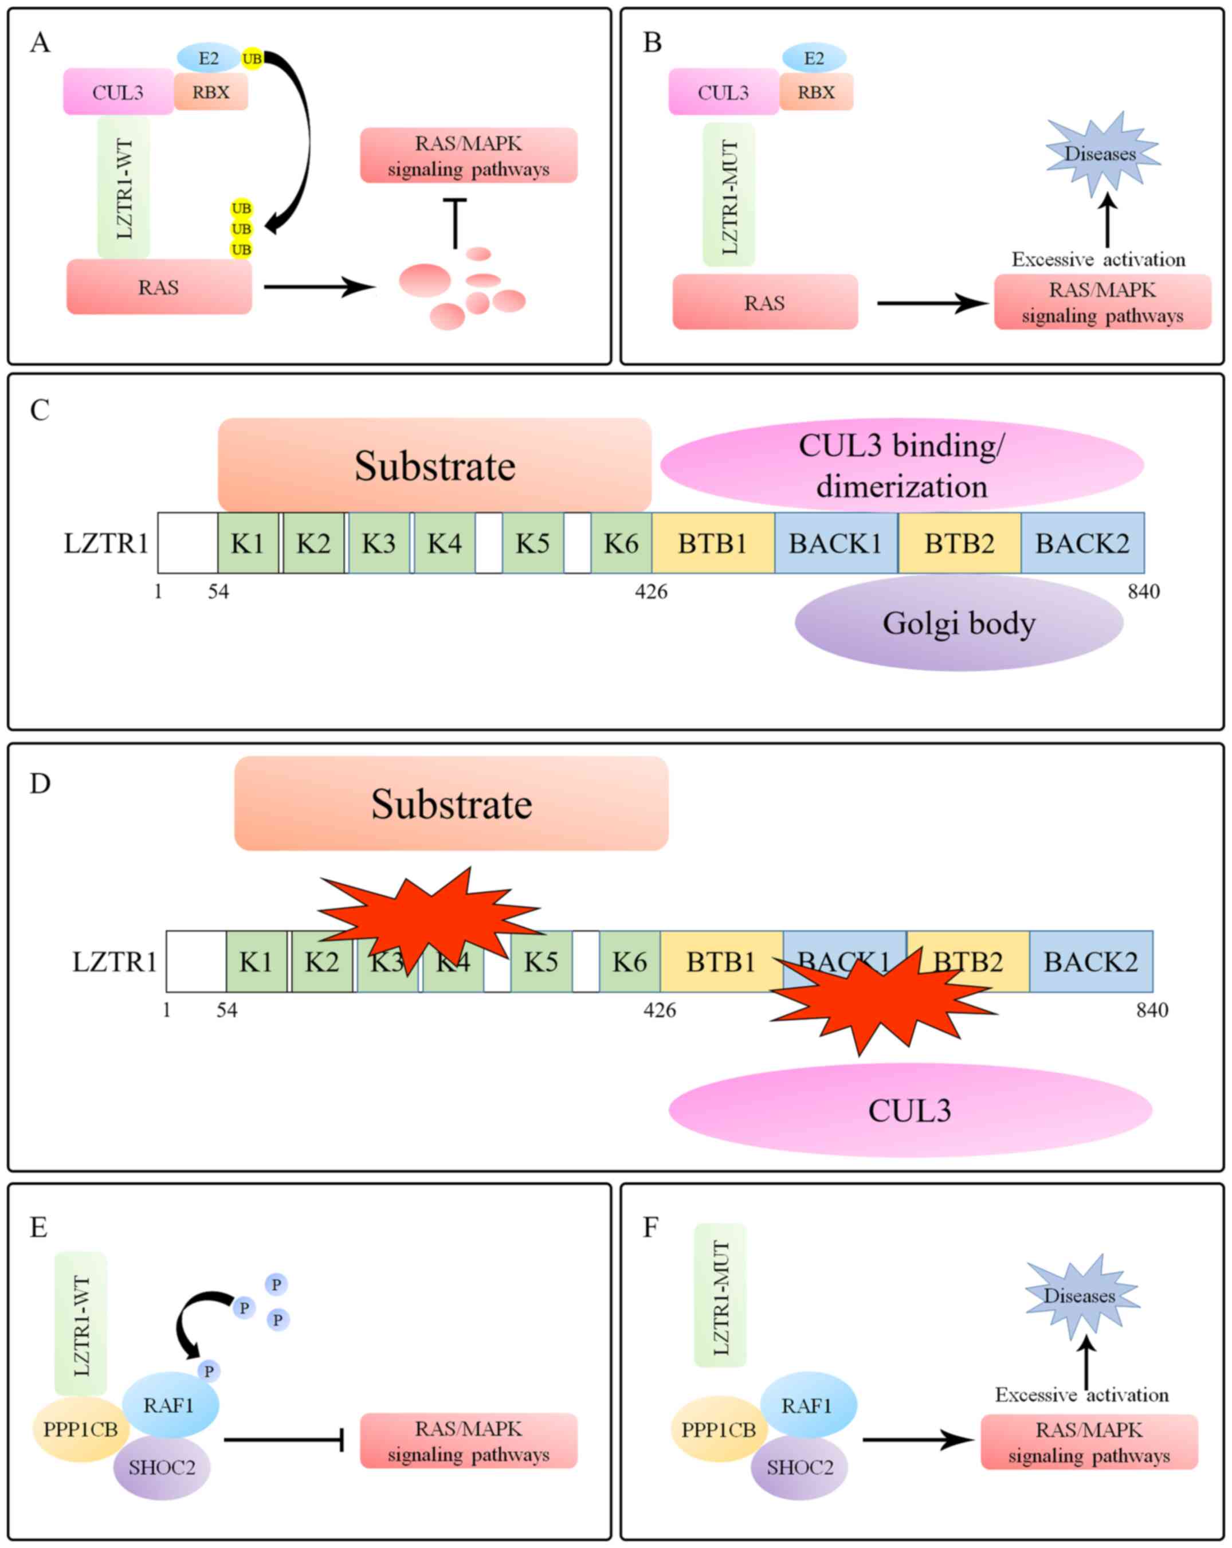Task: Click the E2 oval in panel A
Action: [x=208, y=58]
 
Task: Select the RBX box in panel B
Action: [x=817, y=92]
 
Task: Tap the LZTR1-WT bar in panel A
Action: [x=124, y=189]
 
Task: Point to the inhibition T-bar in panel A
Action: [x=455, y=222]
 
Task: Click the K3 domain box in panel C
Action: [x=378, y=543]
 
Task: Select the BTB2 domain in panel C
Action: [x=959, y=543]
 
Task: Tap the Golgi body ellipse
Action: [x=959, y=623]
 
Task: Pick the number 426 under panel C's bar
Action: [x=651, y=591]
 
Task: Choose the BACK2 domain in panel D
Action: [x=1090, y=961]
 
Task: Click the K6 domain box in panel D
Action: [x=630, y=961]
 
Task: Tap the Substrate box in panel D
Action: [x=451, y=804]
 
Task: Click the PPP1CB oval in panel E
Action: [x=80, y=1429]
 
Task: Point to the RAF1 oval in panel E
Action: [x=170, y=1405]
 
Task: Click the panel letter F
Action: [x=650, y=1227]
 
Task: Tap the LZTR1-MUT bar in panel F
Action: [x=721, y=1297]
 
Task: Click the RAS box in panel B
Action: [x=764, y=302]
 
